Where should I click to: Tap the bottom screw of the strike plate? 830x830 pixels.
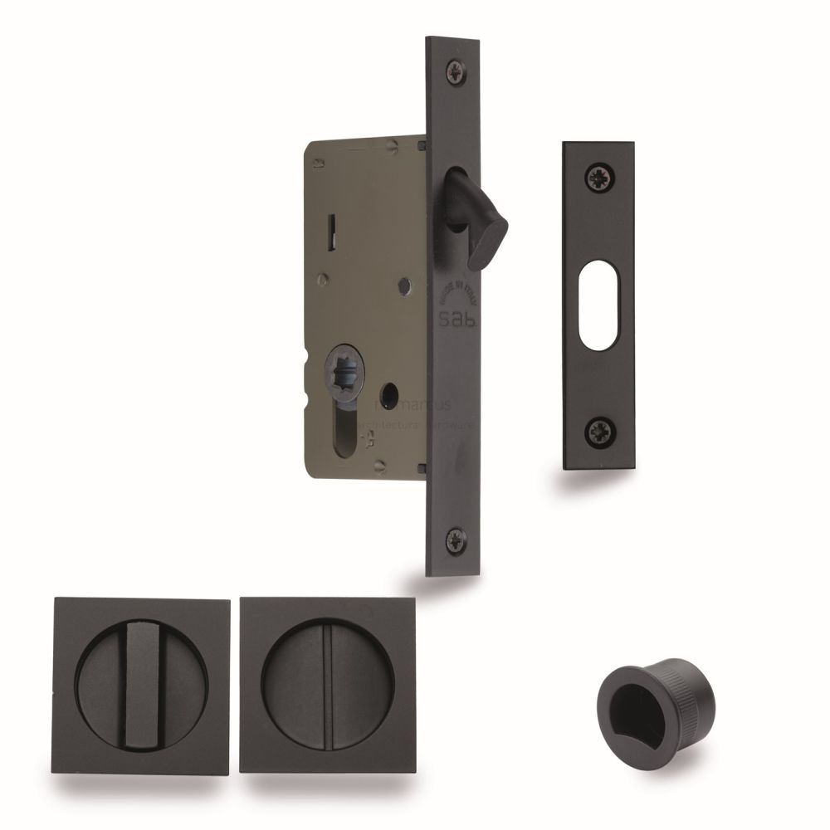point(598,431)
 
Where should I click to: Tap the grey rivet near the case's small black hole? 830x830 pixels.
point(402,286)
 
